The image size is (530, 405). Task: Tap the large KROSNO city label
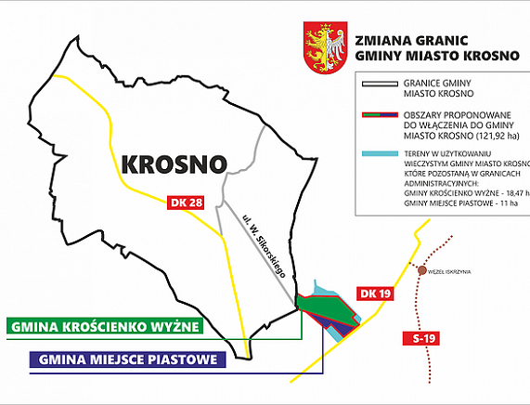point(174,164)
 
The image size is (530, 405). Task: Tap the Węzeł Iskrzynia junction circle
point(423,271)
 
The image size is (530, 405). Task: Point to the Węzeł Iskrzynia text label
point(452,271)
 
